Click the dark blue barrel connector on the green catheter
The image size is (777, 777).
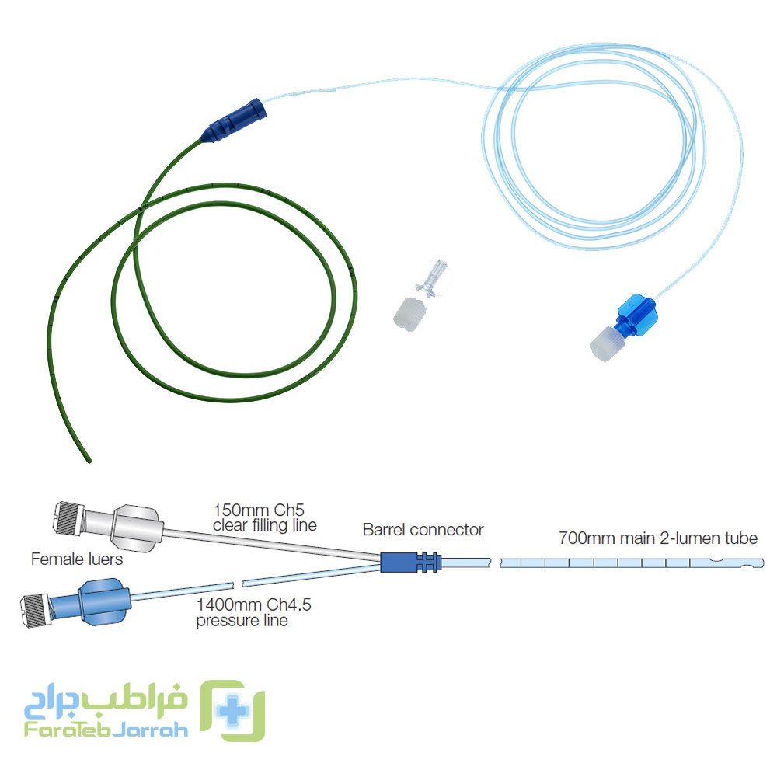tap(235, 120)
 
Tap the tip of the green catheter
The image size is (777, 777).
tap(89, 462)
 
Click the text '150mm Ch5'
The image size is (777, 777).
tap(259, 510)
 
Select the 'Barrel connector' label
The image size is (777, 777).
tap(423, 530)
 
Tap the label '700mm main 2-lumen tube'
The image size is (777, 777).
tap(658, 538)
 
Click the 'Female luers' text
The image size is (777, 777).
tap(77, 559)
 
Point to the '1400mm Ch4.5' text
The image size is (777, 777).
tap(254, 605)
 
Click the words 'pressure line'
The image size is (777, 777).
tap(242, 620)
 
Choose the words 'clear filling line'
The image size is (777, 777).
tap(265, 525)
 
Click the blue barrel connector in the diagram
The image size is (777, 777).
tap(410, 562)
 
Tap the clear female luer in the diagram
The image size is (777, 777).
tap(109, 527)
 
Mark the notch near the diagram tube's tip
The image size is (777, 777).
tap(717, 559)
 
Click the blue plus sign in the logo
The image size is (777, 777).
tap(232, 711)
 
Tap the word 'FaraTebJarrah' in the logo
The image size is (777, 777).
tap(106, 730)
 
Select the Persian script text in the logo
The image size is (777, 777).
tap(106, 700)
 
